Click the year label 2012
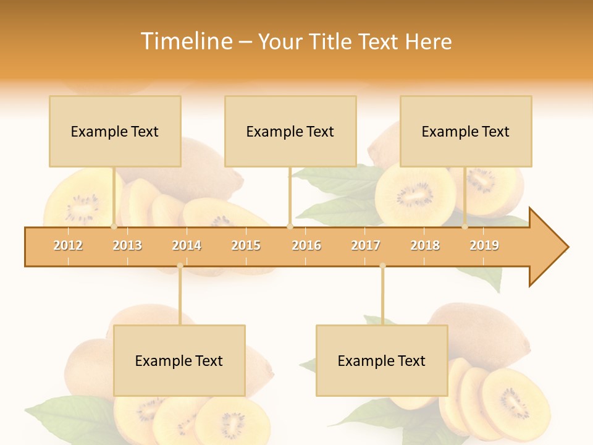coord(68,245)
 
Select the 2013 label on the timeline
coord(127,245)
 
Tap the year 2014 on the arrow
coord(187,245)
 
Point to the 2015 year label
coord(246,245)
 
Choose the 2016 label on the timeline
coord(306,245)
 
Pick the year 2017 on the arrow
coord(366,245)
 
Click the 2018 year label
coord(425,245)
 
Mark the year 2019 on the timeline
coord(484,245)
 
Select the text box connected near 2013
coord(115,131)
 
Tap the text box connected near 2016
coord(290,131)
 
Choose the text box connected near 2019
coord(466,131)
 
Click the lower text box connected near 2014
coord(179,360)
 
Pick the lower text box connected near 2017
coord(382,360)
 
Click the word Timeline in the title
coord(185,41)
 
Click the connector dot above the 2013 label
coord(114,227)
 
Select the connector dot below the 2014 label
coord(180,266)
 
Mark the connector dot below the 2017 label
coord(382,266)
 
